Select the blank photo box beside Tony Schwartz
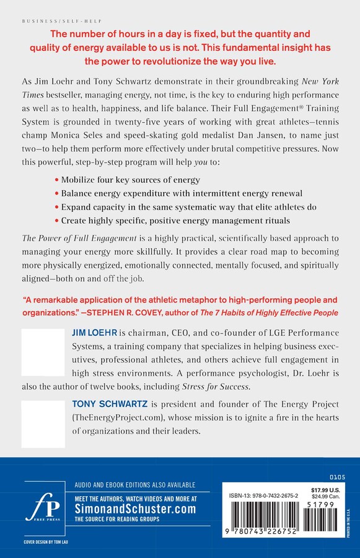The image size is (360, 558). pyautogui.click(x=42, y=423)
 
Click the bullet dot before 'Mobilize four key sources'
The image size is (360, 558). pyautogui.click(x=56, y=180)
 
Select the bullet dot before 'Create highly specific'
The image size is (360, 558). pyautogui.click(x=56, y=221)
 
